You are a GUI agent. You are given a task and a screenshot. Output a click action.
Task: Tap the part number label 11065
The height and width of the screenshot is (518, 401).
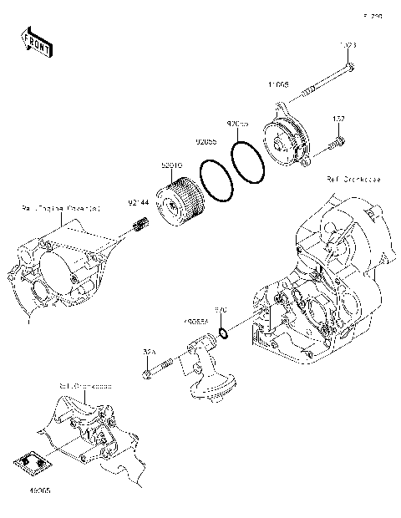tap(278, 85)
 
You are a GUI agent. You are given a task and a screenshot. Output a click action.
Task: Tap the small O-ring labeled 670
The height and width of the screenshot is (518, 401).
tap(224, 334)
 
